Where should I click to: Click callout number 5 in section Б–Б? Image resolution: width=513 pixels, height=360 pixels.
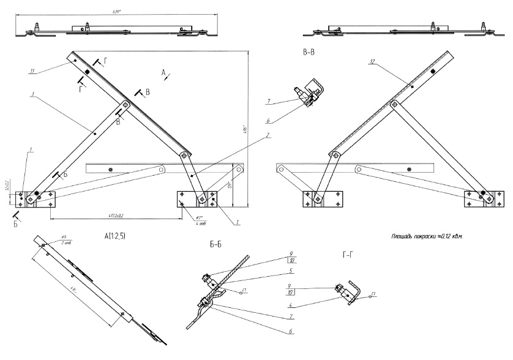coord(292,271)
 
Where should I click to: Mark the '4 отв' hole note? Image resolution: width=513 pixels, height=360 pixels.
coord(200,223)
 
